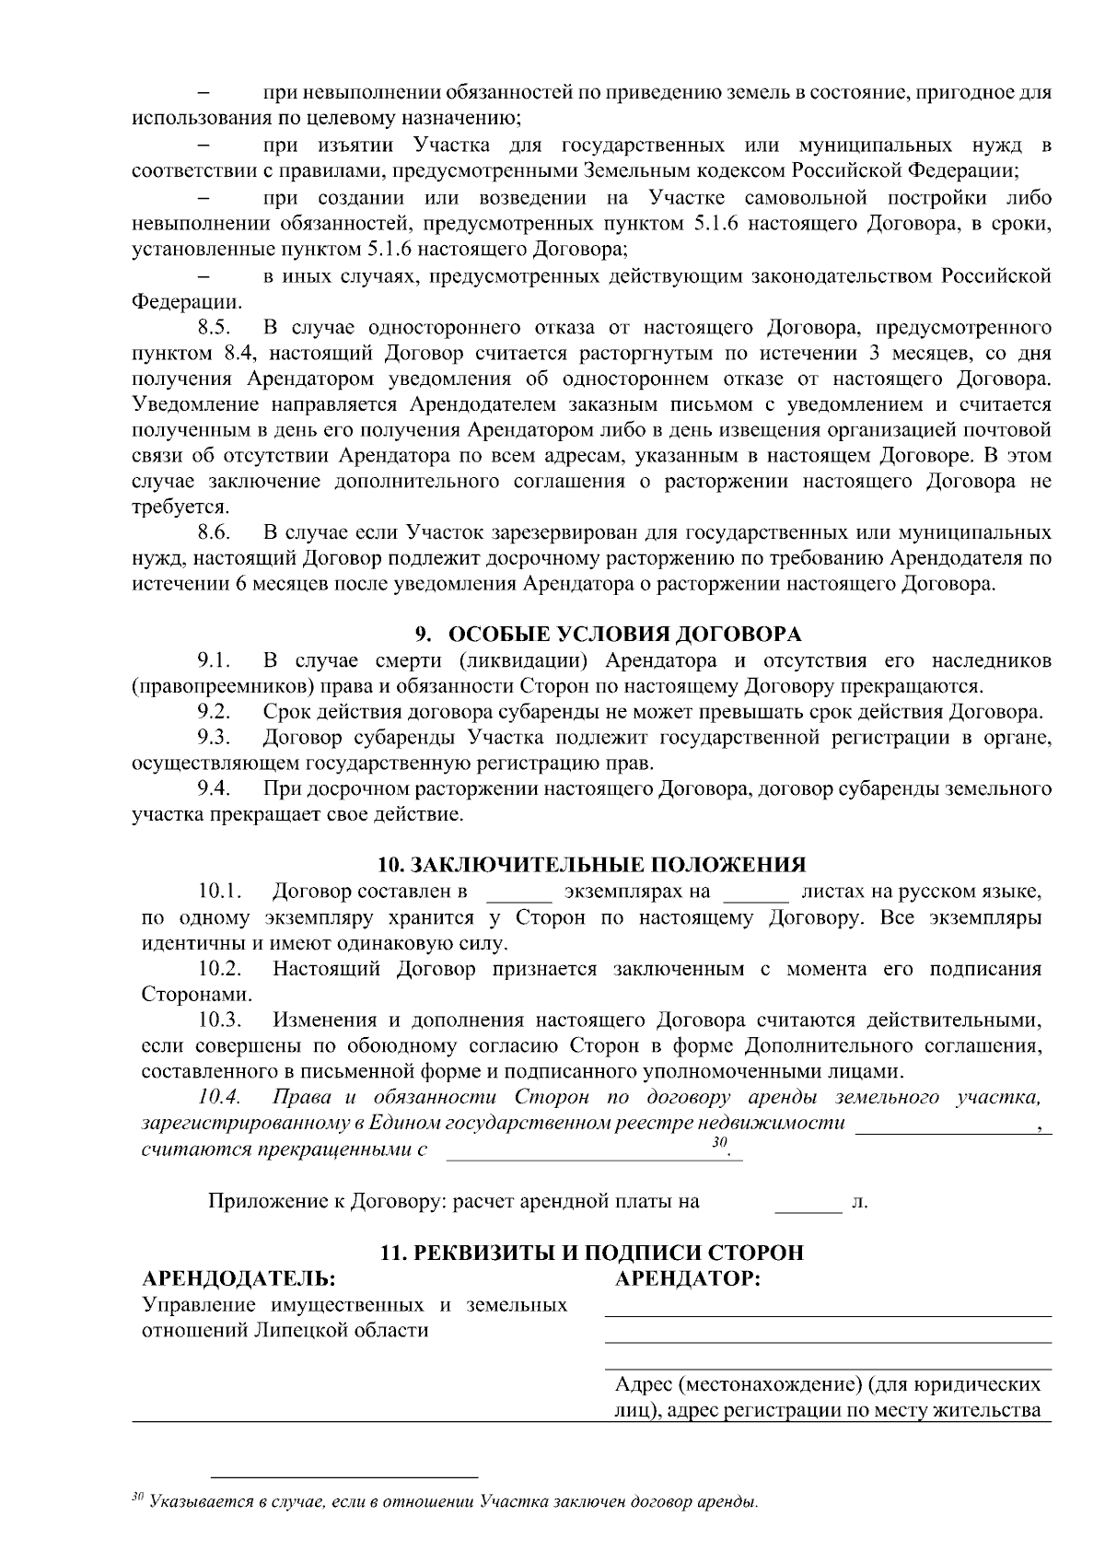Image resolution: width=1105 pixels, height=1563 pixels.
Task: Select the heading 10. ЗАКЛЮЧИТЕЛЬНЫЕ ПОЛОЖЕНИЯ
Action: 592,865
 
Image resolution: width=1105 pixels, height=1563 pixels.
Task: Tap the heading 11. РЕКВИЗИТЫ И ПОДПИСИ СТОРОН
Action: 592,1253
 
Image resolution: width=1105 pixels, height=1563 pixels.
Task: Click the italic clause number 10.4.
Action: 219,1097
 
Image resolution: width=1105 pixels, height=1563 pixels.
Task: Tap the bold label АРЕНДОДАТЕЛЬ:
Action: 238,1278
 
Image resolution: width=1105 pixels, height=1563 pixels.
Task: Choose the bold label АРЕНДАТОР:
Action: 687,1278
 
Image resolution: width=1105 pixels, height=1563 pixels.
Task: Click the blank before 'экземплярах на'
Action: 518,893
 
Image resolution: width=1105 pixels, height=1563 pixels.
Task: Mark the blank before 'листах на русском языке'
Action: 757,893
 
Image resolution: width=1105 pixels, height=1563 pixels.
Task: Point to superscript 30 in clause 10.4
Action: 719,1142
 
